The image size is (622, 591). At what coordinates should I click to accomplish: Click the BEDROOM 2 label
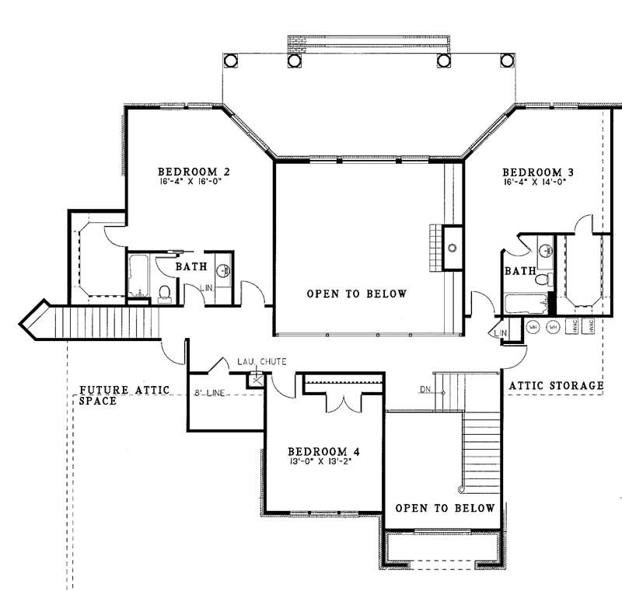(x=193, y=172)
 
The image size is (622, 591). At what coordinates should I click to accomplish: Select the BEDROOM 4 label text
(x=323, y=451)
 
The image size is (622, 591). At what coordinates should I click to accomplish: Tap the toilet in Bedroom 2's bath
(x=164, y=293)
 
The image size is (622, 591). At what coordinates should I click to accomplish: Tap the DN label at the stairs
(x=425, y=388)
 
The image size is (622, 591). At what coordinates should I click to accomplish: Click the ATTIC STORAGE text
(x=555, y=385)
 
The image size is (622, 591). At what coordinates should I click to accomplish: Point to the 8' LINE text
(x=209, y=394)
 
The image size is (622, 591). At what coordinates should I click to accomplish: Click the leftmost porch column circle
(x=230, y=61)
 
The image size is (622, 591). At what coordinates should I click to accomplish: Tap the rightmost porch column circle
(x=509, y=61)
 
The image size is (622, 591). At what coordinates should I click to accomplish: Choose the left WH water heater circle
(x=533, y=327)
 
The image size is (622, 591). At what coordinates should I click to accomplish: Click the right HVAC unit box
(x=590, y=327)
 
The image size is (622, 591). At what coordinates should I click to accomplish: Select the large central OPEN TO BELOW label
(x=357, y=294)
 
